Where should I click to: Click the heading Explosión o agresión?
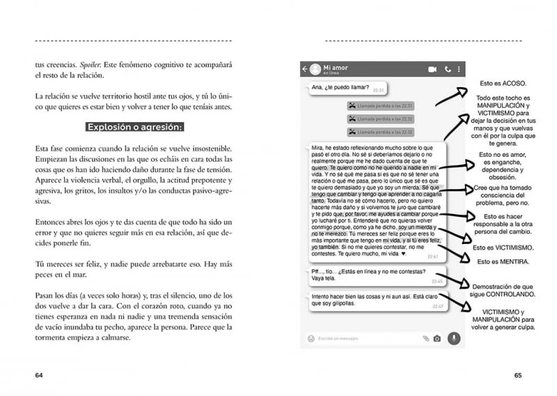(x=134, y=127)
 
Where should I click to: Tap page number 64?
(x=40, y=375)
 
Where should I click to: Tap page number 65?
(x=517, y=375)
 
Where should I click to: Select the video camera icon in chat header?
(x=432, y=69)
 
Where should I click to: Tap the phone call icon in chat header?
(x=447, y=69)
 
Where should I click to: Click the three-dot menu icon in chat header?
(x=459, y=69)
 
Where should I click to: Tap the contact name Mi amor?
(x=335, y=66)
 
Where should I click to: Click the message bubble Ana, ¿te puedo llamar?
(x=346, y=89)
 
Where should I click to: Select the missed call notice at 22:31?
(x=380, y=106)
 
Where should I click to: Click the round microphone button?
(x=454, y=338)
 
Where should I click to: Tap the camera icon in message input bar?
(x=437, y=339)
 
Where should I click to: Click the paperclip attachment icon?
(x=425, y=339)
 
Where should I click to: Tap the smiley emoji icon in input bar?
(x=311, y=339)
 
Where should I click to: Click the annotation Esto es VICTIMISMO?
(x=503, y=247)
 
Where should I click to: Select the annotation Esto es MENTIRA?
(x=503, y=261)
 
